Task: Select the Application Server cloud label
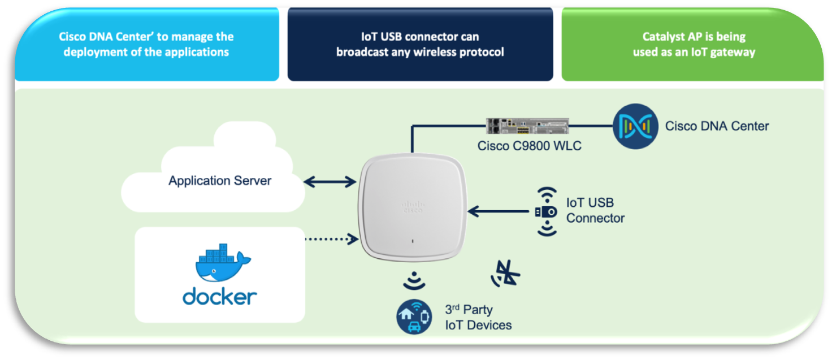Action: coord(220,181)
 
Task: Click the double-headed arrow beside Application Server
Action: coord(330,182)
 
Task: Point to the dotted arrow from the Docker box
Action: coord(331,239)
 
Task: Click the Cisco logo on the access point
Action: coord(412,206)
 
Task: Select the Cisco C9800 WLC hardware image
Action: coord(527,126)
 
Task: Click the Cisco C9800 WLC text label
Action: coord(529,146)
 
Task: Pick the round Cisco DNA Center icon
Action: coord(636,126)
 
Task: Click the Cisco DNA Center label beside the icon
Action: coord(717,126)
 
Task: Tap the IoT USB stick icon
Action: coord(547,211)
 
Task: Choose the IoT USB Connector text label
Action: coord(595,210)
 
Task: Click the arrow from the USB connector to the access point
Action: coord(498,211)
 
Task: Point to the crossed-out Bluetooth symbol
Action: coord(506,274)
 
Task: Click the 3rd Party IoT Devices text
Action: coord(478,317)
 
